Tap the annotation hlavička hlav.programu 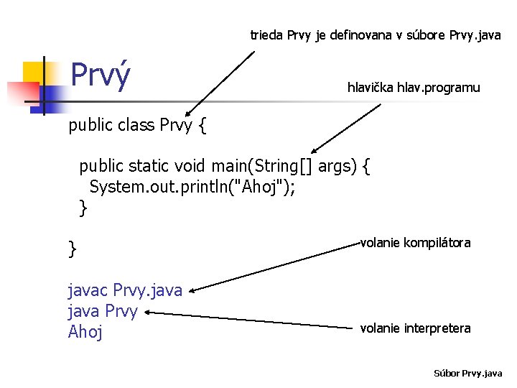point(413,88)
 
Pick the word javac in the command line point(88,290)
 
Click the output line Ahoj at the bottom point(85,331)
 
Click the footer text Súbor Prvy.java point(468,374)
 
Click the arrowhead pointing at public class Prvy point(188,114)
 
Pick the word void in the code point(190,167)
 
